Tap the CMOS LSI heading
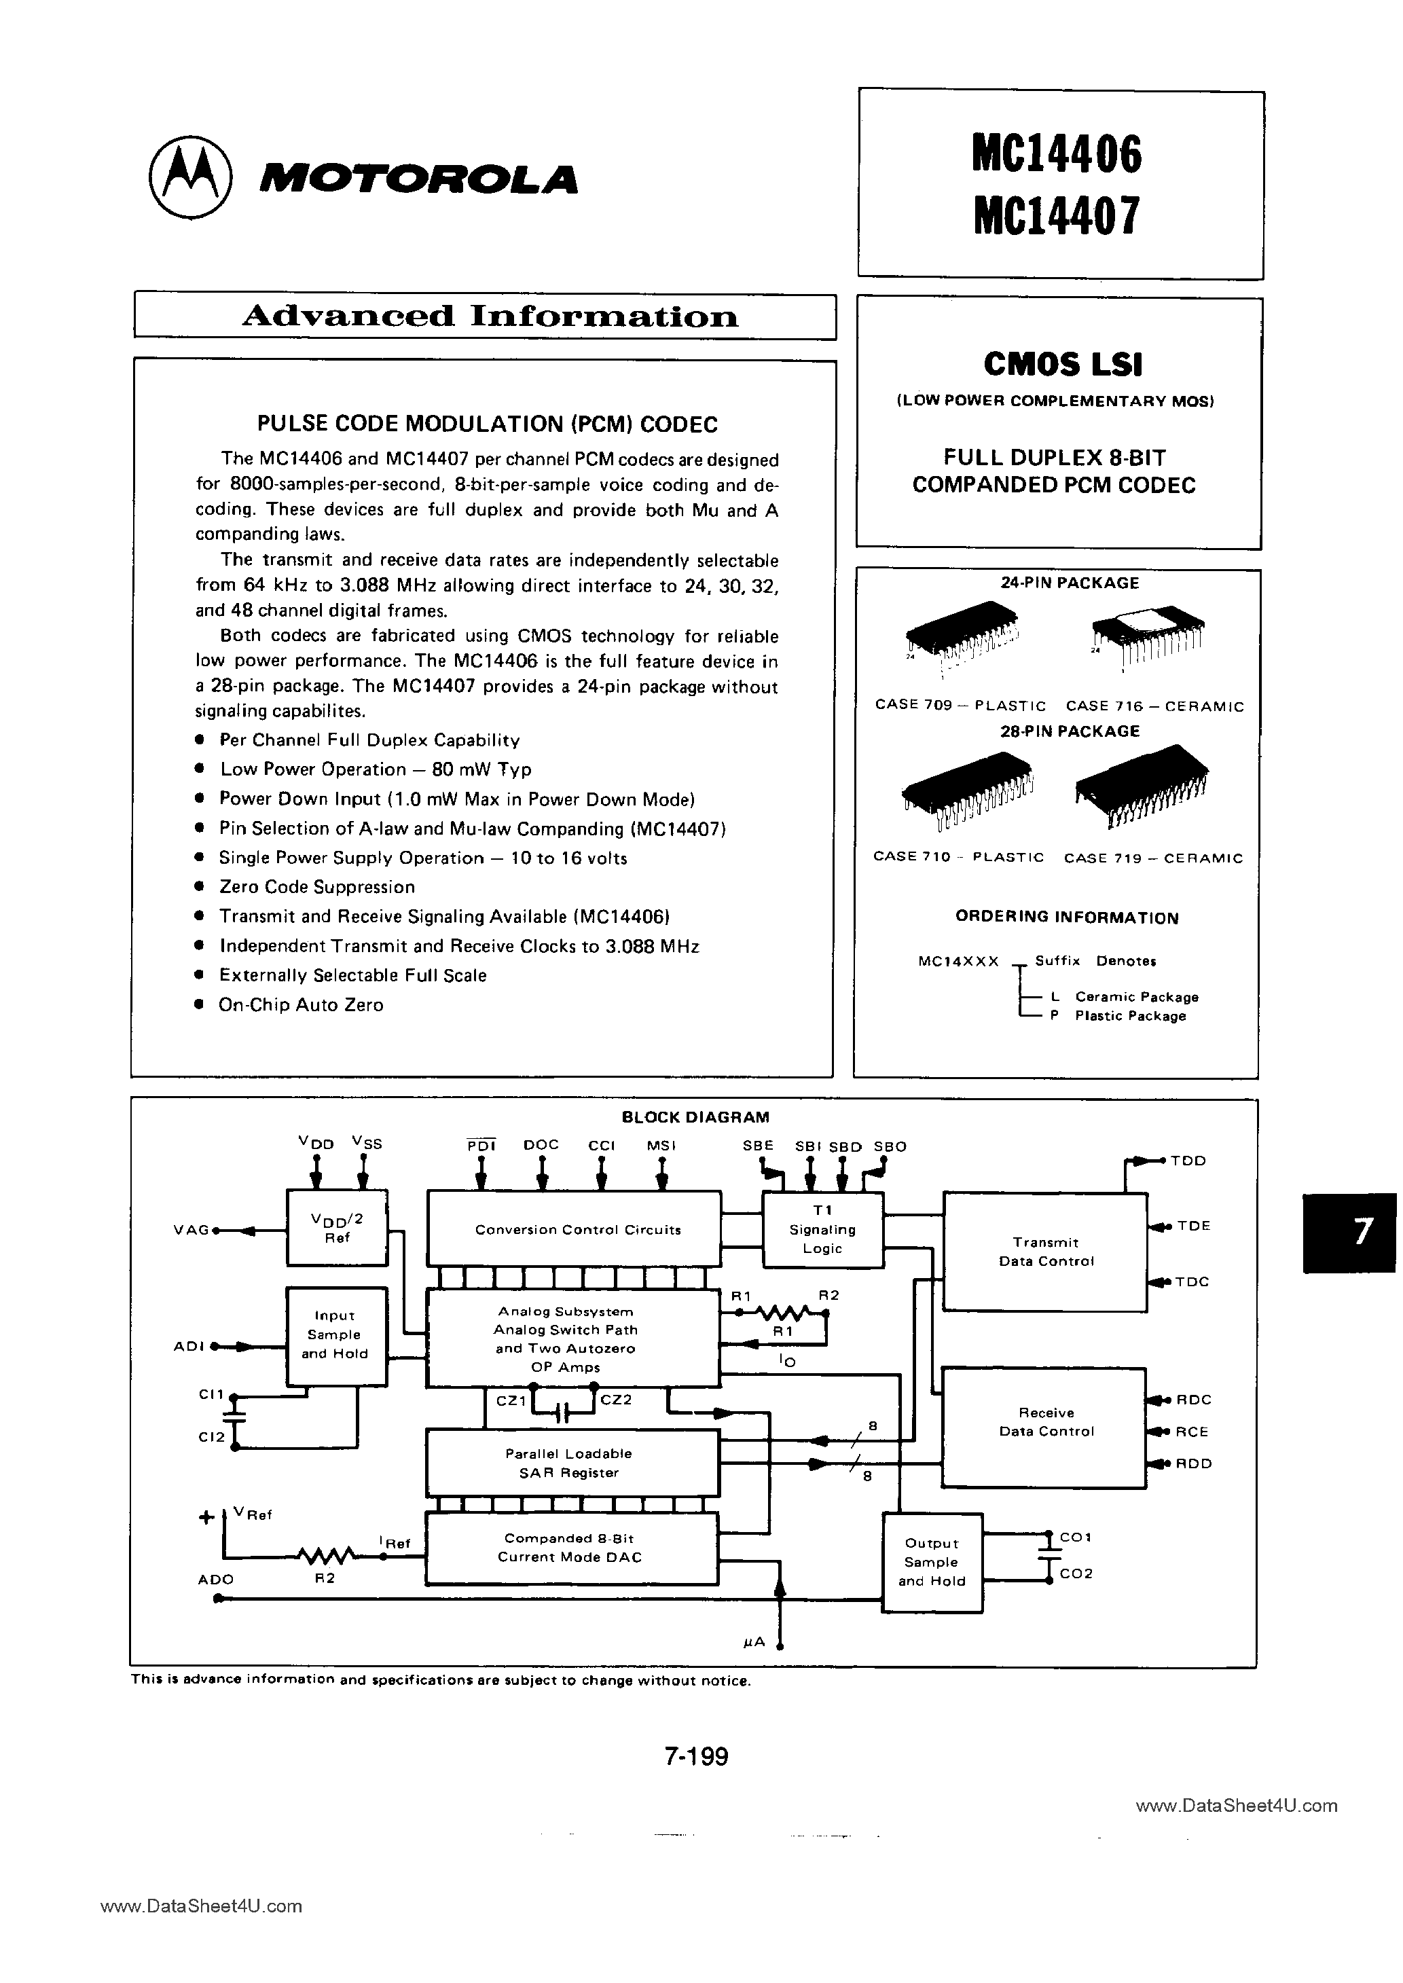pyautogui.click(x=1063, y=365)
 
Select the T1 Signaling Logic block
pyautogui.click(x=822, y=1230)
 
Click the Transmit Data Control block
pyautogui.click(x=1045, y=1252)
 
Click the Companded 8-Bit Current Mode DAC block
pyautogui.click(x=572, y=1548)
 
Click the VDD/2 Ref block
pyautogui.click(x=337, y=1228)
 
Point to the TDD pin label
pyautogui.click(x=1188, y=1161)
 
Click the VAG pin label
pyautogui.click(x=192, y=1230)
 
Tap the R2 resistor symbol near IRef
pyautogui.click(x=325, y=1557)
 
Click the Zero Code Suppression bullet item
pyautogui.click(x=316, y=887)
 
